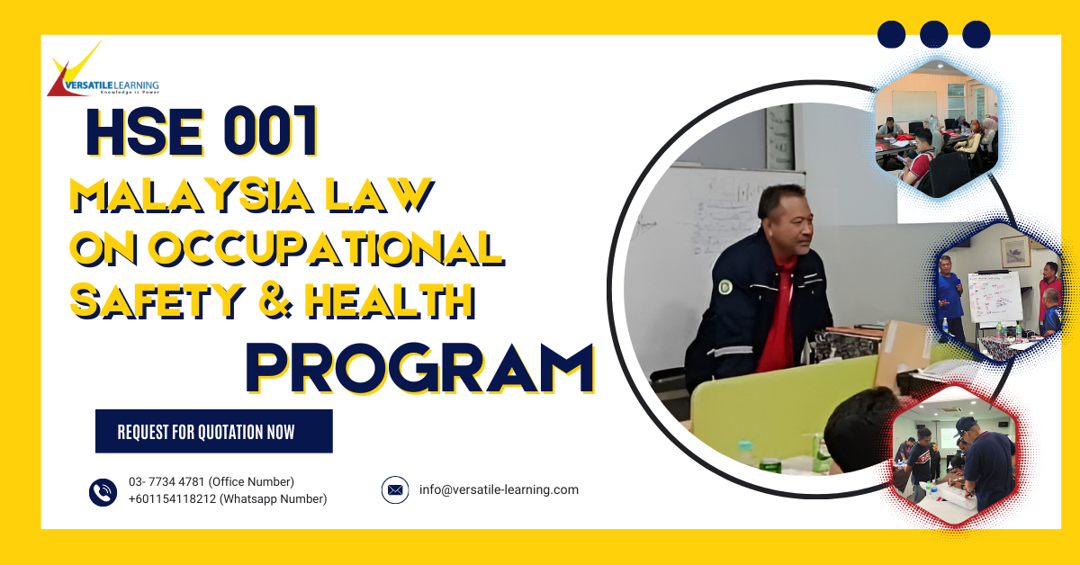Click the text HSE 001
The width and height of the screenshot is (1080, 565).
coord(202,132)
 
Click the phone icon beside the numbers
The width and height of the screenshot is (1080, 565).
coord(103,491)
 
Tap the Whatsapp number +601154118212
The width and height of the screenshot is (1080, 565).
coord(228,499)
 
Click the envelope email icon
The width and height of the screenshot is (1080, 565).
coord(395,490)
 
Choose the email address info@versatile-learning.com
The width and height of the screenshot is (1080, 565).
coord(499,490)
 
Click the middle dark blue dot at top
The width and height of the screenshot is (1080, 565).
coord(934,34)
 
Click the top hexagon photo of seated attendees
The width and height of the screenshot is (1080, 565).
coord(936,126)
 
